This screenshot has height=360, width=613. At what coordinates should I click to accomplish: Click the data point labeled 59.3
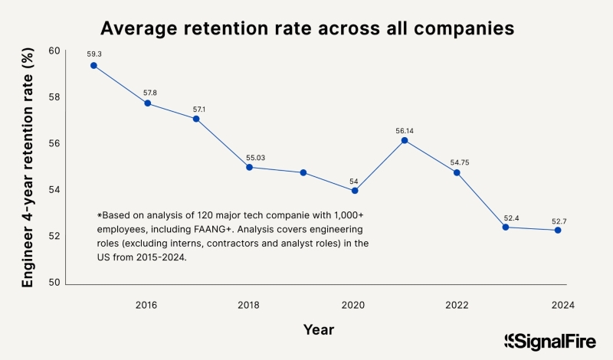(x=93, y=65)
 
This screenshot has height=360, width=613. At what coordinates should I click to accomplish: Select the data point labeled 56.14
(x=404, y=140)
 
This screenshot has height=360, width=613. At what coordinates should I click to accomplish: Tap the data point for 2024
(x=558, y=230)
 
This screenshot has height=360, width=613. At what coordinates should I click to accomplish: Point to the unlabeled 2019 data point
(x=303, y=172)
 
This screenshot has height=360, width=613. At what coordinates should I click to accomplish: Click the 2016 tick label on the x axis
(x=146, y=304)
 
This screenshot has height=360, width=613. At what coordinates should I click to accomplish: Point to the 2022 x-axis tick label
(x=457, y=304)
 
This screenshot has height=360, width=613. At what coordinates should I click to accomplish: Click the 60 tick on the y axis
(x=54, y=51)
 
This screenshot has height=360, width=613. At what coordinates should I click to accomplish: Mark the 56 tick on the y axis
(x=54, y=144)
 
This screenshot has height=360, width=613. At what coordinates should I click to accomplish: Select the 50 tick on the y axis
(x=54, y=283)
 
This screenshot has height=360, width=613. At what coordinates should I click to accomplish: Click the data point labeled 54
(x=355, y=191)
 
